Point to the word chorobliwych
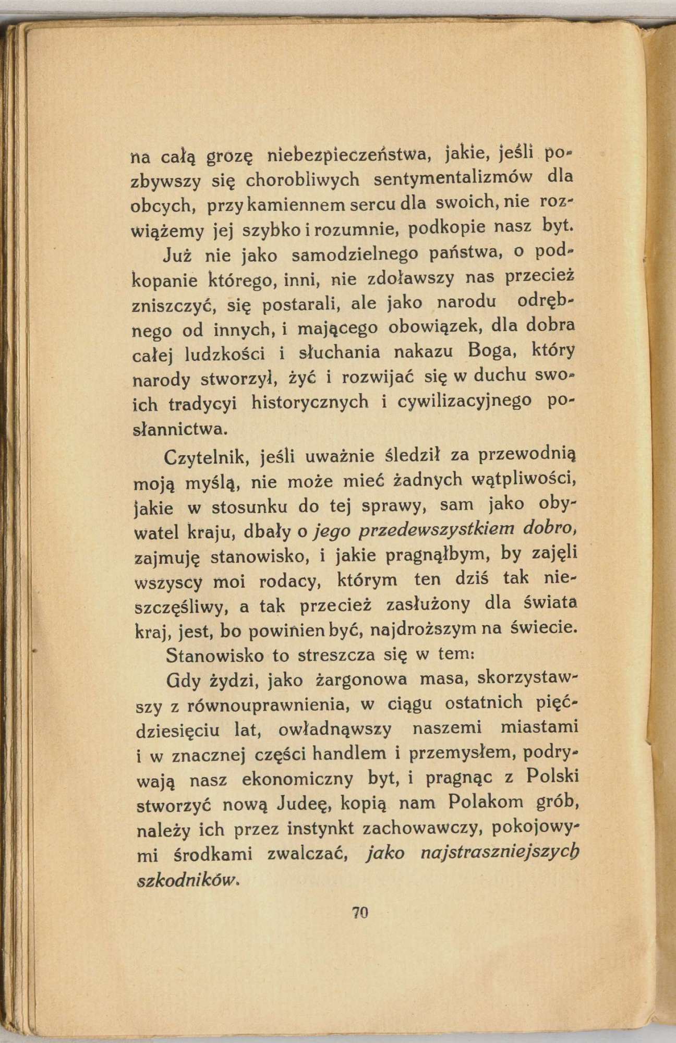pyautogui.click(x=303, y=180)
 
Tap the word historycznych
pyautogui.click(x=310, y=403)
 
